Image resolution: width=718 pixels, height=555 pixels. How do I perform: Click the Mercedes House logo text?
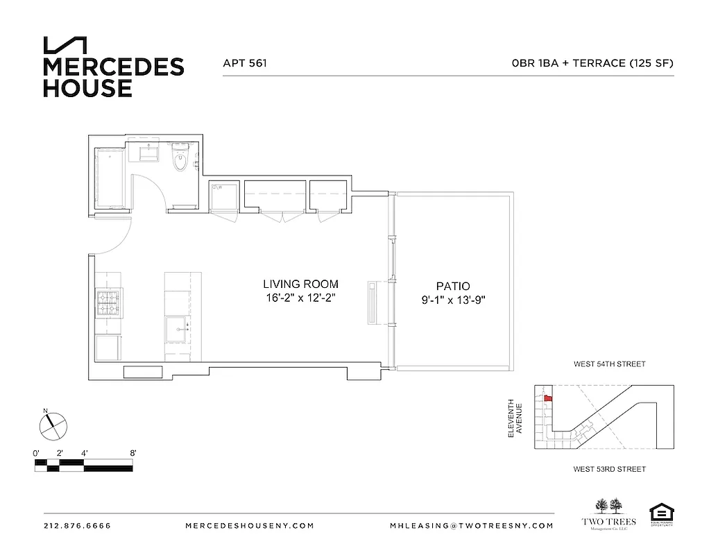click(113, 76)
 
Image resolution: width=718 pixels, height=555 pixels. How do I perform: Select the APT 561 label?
click(245, 63)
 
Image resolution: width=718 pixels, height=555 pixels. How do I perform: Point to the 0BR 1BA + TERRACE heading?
click(592, 63)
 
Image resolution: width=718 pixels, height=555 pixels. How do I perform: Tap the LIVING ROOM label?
click(300, 284)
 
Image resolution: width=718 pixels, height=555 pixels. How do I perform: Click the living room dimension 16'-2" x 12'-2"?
click(300, 298)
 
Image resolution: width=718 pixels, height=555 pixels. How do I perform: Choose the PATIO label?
click(453, 286)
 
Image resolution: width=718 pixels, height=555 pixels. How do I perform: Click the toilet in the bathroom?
click(180, 159)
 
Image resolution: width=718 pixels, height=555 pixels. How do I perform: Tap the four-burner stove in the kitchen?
click(109, 303)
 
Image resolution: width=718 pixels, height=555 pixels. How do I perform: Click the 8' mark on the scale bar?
click(133, 453)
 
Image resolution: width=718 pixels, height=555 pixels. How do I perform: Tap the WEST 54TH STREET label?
click(609, 364)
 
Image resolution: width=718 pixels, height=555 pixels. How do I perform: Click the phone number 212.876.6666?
click(76, 526)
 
